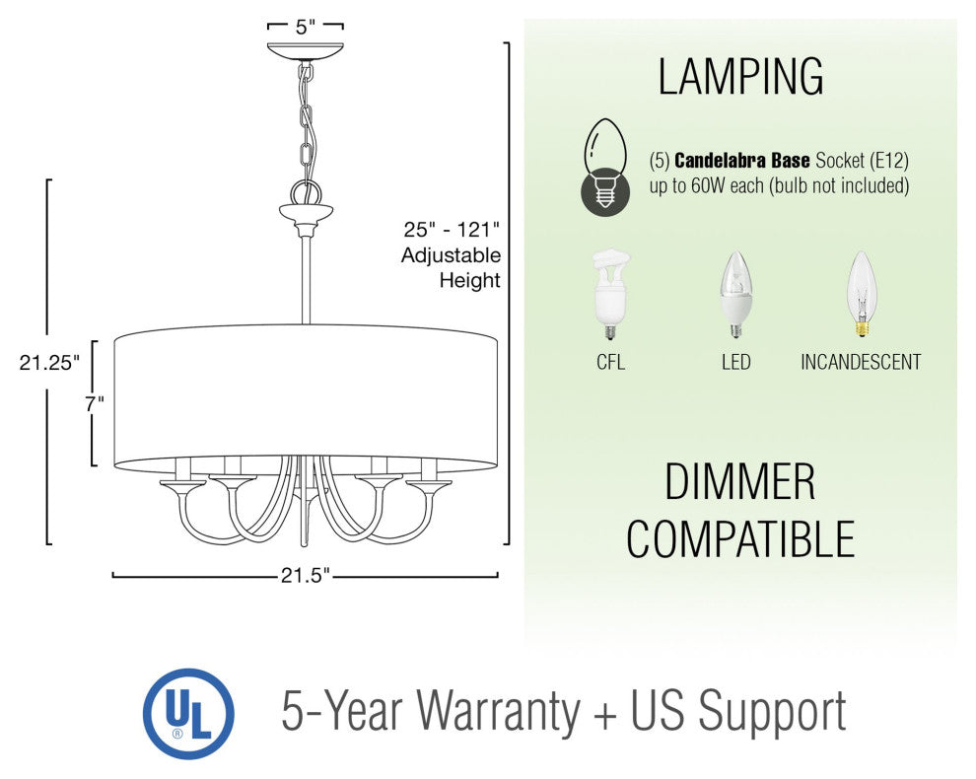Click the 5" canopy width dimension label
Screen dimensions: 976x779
click(x=305, y=27)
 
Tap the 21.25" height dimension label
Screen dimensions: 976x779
click(x=50, y=363)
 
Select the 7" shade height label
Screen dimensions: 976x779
click(x=95, y=403)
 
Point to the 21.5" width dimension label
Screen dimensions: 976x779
click(x=305, y=576)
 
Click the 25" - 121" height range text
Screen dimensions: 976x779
click(x=452, y=230)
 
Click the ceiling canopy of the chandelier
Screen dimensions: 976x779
click(x=305, y=51)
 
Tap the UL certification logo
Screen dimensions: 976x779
click(x=188, y=714)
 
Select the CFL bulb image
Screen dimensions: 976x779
click(x=610, y=294)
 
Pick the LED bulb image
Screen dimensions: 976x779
click(x=735, y=294)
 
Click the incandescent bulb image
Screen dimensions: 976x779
click(x=862, y=294)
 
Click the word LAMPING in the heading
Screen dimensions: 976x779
click(x=740, y=77)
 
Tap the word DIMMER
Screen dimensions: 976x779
click(x=739, y=482)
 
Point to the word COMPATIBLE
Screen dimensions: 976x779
click(x=740, y=538)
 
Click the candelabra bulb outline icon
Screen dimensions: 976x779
click(x=604, y=167)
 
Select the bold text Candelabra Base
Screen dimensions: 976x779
click(x=742, y=161)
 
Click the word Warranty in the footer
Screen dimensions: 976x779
click(x=498, y=711)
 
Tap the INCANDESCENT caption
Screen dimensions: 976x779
click(x=861, y=363)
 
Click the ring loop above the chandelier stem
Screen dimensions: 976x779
click(x=306, y=192)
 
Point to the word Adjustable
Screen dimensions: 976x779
click(x=451, y=255)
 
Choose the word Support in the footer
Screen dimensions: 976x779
click(x=772, y=712)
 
